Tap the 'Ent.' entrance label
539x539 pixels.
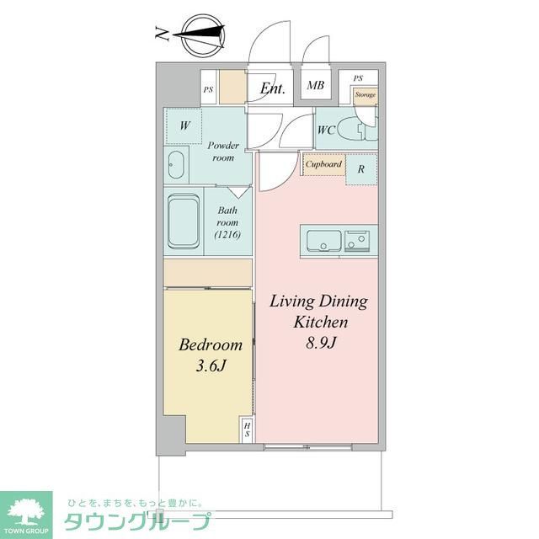[272, 88]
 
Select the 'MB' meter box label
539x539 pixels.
[316, 85]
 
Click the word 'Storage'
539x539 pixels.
[365, 95]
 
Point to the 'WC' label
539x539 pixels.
[328, 131]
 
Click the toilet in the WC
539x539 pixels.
[365, 131]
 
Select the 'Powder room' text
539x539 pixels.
[223, 152]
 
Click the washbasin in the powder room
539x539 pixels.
[176, 164]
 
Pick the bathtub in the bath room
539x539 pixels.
[184, 221]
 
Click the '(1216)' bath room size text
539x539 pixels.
[227, 235]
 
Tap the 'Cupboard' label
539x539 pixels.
[324, 164]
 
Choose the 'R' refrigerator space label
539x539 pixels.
[360, 168]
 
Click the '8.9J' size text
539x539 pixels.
[321, 343]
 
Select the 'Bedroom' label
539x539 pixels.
[211, 344]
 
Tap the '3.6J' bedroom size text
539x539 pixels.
[211, 366]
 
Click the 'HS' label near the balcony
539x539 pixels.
[248, 430]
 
